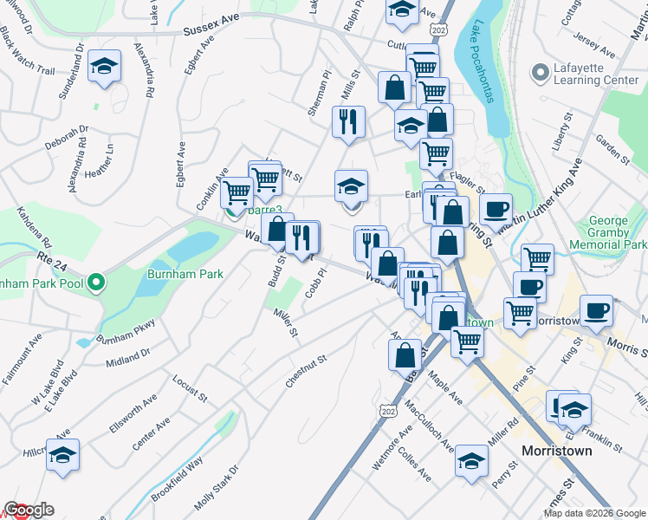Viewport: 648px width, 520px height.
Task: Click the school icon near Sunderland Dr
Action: (104, 68)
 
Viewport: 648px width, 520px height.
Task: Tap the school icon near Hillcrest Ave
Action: (62, 456)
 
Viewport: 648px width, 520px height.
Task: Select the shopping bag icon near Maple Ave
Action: (405, 354)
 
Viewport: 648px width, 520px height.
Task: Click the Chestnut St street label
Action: (306, 371)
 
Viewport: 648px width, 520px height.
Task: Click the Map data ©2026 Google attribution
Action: (594, 513)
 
